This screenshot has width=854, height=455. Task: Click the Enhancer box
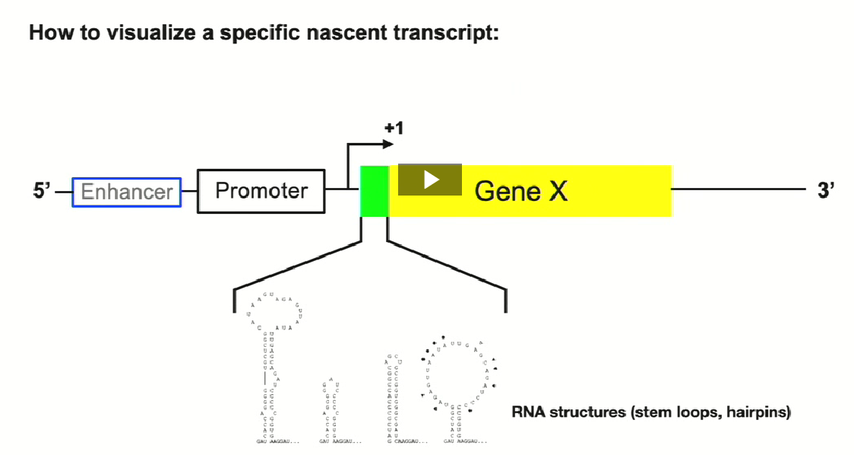point(127,192)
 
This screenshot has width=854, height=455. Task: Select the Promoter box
point(261,190)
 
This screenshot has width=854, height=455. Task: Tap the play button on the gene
point(430,180)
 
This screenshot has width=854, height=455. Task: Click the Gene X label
point(520,191)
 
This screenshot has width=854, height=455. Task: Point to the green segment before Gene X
point(374,191)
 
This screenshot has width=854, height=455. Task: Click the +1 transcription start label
point(394,128)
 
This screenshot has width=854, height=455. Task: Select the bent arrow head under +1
point(388,144)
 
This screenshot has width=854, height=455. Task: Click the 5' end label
point(43,191)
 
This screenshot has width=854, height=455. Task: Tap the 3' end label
point(826,191)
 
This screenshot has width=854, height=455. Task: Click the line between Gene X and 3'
point(737,189)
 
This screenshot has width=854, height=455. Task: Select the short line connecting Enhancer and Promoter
point(189,191)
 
